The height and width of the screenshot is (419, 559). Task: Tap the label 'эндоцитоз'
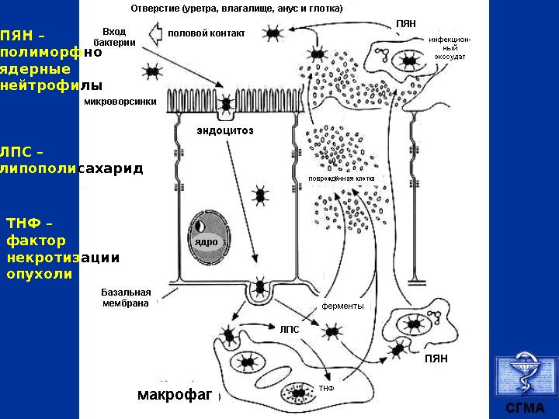point(225,130)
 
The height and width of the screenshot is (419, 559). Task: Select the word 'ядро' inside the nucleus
point(206,242)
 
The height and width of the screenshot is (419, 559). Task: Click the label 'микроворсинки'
point(120,101)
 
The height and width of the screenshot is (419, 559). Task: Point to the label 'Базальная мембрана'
point(126,297)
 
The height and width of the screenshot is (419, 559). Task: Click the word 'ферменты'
point(342,306)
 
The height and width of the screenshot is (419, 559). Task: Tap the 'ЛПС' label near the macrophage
point(289,328)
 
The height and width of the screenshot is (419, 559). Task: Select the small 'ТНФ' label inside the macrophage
point(326,387)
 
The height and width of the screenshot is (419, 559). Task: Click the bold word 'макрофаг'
point(175,395)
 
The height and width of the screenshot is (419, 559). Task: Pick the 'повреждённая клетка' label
point(342,178)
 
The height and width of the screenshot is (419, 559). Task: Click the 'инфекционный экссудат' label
point(450,47)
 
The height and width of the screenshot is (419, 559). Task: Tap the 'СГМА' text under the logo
point(525,408)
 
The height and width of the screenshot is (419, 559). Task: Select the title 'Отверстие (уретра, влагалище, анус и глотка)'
point(236,9)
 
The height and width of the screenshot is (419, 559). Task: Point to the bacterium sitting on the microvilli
point(226,102)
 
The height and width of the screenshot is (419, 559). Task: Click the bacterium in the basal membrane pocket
point(259,289)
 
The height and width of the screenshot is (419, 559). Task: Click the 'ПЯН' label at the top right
point(406,24)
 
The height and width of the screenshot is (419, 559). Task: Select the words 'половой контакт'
point(207,33)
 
